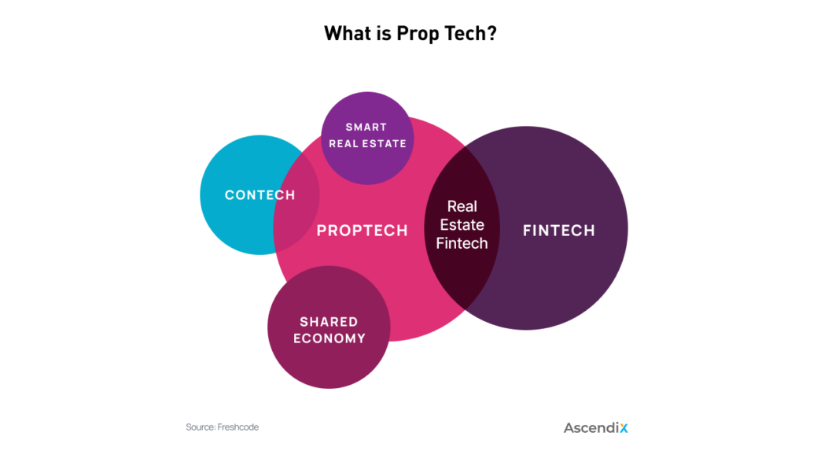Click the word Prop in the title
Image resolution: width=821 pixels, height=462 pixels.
[x=418, y=34]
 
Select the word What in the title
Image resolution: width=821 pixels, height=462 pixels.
[x=347, y=33]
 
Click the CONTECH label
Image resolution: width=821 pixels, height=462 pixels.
[x=260, y=195]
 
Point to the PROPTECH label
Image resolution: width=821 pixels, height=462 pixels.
[x=362, y=231]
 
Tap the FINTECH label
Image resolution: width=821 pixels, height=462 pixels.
[x=558, y=231]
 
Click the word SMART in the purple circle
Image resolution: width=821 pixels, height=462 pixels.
[x=366, y=128]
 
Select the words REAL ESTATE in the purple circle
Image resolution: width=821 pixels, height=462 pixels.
[x=367, y=143]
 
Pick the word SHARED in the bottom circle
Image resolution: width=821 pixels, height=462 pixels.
[x=329, y=322]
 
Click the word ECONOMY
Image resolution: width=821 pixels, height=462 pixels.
[x=330, y=338]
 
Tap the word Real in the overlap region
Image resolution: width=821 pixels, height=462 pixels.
[x=462, y=206]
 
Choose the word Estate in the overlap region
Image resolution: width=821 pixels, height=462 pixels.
[x=462, y=225]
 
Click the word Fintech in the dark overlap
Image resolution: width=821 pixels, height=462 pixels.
[x=462, y=243]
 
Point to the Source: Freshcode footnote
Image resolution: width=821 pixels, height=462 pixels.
[x=222, y=427]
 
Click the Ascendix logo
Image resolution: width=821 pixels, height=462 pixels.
[x=596, y=428]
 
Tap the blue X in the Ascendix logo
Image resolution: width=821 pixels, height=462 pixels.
[x=624, y=428]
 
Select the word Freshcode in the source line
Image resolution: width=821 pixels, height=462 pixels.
[x=238, y=427]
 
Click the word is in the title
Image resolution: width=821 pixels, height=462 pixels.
[x=383, y=33]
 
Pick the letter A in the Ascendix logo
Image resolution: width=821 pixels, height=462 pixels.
[x=569, y=428]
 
